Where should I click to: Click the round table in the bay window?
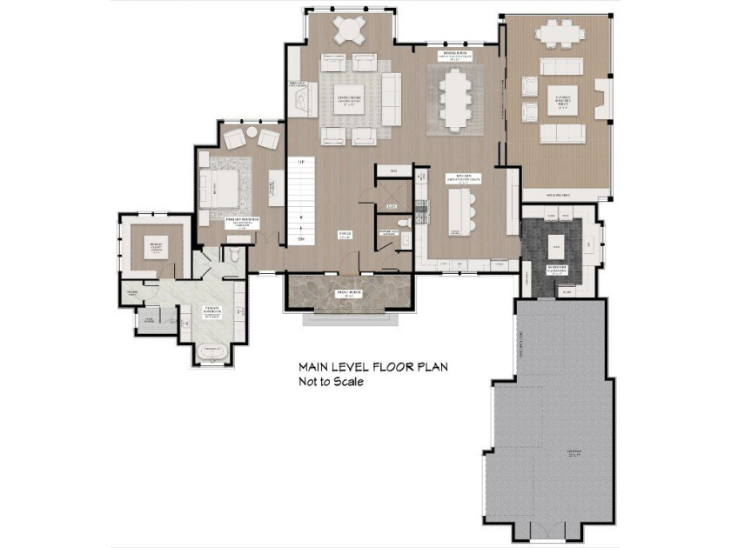[350, 30]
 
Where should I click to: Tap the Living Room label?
[350, 97]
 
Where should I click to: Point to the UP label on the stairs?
[300, 163]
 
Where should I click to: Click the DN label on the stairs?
[300, 239]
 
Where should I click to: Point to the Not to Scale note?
[331, 381]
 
